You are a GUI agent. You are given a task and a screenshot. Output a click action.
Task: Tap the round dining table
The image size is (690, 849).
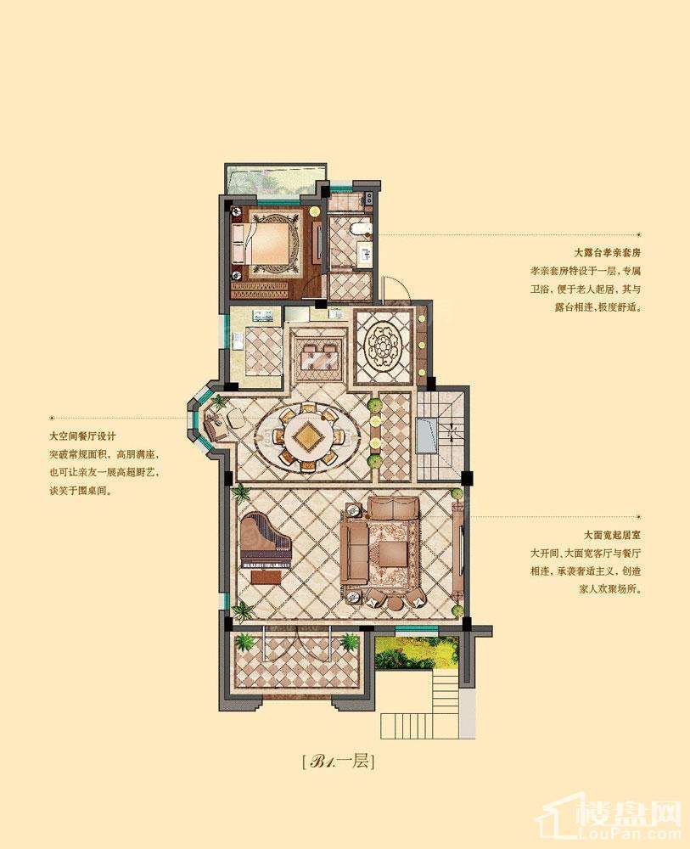coord(306,435)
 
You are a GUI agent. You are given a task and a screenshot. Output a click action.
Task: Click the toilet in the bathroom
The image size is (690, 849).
coord(360,229)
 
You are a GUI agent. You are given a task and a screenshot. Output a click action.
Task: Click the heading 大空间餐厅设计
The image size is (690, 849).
coord(83,436)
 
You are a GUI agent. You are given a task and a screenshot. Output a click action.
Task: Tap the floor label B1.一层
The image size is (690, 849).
coord(338,762)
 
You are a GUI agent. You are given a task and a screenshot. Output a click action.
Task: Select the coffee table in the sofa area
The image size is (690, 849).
coord(392,553)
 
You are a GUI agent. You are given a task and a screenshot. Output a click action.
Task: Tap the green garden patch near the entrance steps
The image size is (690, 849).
coord(416,651)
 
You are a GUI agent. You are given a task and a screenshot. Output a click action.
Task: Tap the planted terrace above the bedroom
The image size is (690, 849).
coord(275,178)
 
